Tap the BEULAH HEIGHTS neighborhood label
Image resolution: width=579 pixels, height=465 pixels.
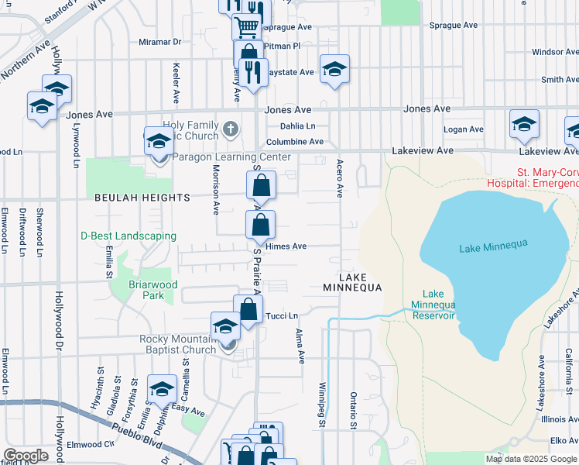[142, 198]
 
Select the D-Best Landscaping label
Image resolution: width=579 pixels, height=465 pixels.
[128, 236]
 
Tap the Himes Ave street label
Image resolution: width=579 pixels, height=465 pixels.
[286, 246]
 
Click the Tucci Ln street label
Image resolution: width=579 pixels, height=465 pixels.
[282, 316]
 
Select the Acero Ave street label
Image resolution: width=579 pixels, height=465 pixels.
[339, 179]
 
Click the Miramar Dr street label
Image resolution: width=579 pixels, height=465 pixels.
[159, 42]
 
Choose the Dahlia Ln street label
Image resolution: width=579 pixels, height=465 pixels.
[298, 126]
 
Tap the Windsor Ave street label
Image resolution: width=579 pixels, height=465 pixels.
[555, 52]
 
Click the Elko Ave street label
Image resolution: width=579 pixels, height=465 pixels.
[560, 440]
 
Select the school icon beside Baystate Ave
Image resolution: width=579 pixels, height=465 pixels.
[334, 69]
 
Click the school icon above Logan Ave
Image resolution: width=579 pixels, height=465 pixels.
[524, 124]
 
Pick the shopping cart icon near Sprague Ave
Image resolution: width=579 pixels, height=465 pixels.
[246, 27]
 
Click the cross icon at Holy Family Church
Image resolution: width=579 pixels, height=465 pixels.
[230, 127]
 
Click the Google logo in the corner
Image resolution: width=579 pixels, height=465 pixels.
[26, 456]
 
